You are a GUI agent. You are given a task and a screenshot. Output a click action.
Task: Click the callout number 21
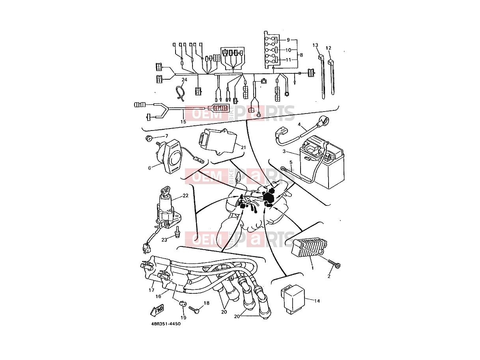click(243, 147)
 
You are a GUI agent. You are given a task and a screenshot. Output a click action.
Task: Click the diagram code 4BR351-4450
click(166, 324)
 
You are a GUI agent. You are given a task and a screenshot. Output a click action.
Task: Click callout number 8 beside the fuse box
click(301, 55)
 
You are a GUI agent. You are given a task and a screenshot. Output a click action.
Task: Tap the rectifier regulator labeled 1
click(309, 248)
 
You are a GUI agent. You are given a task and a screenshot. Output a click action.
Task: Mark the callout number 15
click(183, 122)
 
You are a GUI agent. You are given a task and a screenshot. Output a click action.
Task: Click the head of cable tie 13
click(320, 58)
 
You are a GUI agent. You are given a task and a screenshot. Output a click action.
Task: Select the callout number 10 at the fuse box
click(288, 50)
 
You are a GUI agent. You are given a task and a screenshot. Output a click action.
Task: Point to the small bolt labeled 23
click(177, 232)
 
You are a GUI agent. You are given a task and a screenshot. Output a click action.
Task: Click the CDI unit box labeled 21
click(217, 142)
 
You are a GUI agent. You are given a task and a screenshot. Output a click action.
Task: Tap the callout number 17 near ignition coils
click(151, 290)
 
